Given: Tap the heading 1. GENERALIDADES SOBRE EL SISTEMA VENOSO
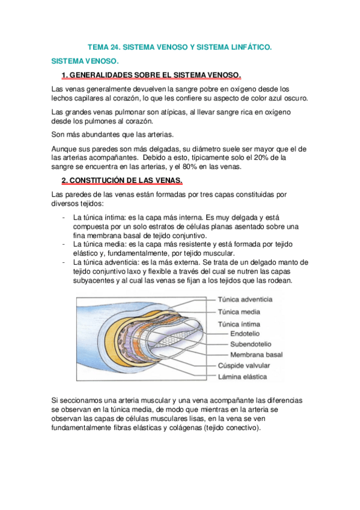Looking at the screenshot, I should tap(151, 75).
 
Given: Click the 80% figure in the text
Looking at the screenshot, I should tap(197, 167).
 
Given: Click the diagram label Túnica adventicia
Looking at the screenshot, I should tap(245, 299).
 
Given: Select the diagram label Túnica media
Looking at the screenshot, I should tap(239, 312).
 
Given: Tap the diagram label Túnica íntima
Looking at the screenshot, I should tap(240, 324).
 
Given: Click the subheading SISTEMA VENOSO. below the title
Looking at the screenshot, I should tap(85, 61).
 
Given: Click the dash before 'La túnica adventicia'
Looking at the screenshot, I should tap(64, 262).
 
